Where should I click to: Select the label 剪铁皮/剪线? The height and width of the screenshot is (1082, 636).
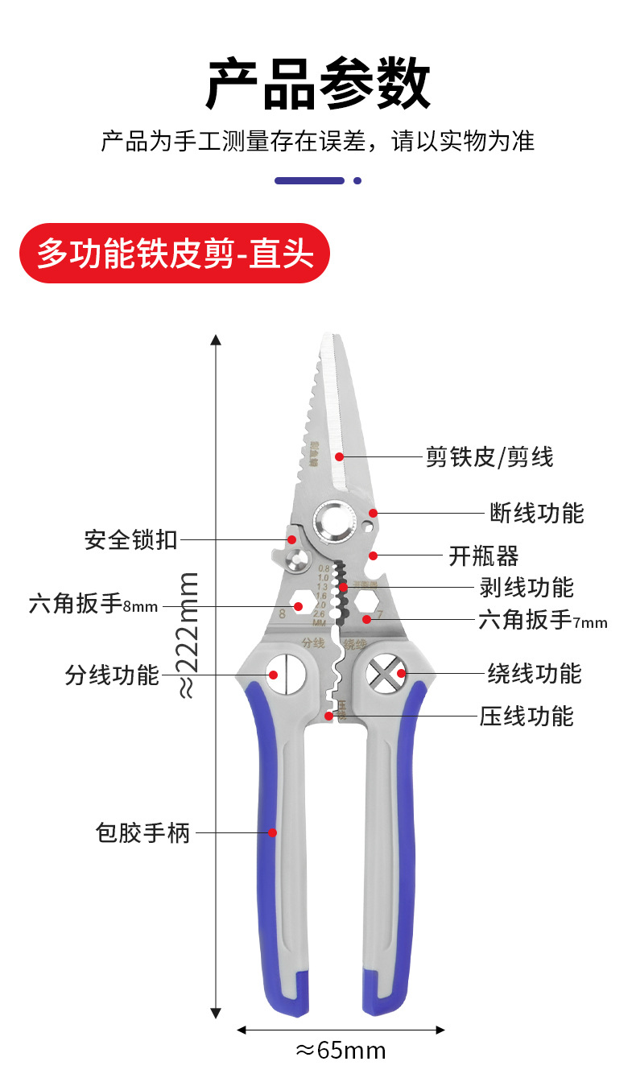click(x=489, y=457)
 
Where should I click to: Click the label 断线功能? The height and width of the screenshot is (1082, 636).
click(x=537, y=513)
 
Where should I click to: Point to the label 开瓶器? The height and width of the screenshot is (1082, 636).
click(x=483, y=555)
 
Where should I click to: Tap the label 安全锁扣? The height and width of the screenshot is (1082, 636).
click(x=130, y=539)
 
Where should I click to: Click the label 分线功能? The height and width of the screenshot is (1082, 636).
click(x=112, y=675)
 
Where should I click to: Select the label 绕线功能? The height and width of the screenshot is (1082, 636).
click(x=534, y=673)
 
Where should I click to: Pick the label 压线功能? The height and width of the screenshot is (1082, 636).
click(x=527, y=716)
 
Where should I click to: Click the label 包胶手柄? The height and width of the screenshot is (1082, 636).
click(x=142, y=832)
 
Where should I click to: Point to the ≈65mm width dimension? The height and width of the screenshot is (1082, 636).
click(x=341, y=1051)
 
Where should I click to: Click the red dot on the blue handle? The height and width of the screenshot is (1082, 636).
click(x=272, y=832)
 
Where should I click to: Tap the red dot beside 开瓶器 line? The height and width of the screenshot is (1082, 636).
click(x=373, y=555)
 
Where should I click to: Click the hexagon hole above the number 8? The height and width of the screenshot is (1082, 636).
click(x=298, y=605)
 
